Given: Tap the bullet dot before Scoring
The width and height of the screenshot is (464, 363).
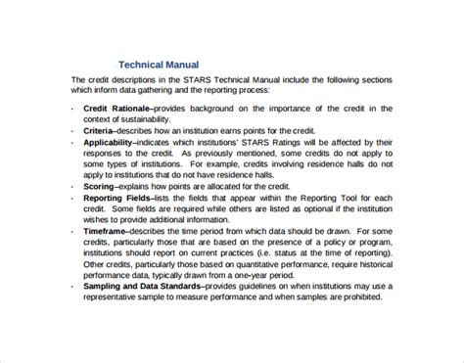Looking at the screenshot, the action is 75,186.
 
